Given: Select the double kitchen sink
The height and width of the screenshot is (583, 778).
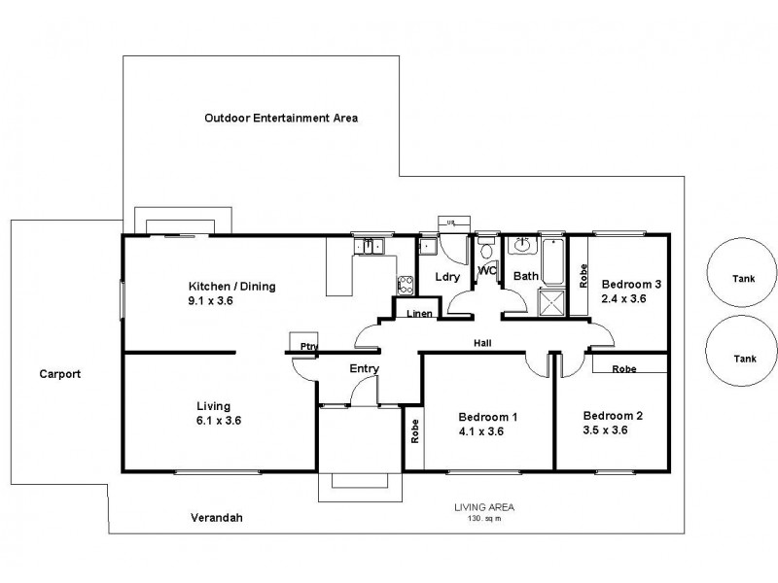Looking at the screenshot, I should coord(370,247).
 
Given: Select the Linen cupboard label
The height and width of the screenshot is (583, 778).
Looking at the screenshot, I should coord(419,313).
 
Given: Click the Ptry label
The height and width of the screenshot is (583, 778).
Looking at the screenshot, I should coord(309,346).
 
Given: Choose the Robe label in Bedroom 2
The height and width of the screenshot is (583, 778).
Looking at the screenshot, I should coord(624,369).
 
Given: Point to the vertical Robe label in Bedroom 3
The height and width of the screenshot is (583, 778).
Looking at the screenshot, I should coord(583,276).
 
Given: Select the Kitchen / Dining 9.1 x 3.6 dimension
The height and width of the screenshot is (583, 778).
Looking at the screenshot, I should coord(212,301).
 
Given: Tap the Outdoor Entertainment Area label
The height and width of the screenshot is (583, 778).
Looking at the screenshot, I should coord(281,118).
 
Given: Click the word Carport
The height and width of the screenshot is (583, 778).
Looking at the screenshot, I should coord(59,373).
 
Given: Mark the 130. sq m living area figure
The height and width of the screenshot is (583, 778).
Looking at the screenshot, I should coord(483,518).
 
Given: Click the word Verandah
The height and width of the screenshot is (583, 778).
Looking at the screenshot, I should coord(217,518).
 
